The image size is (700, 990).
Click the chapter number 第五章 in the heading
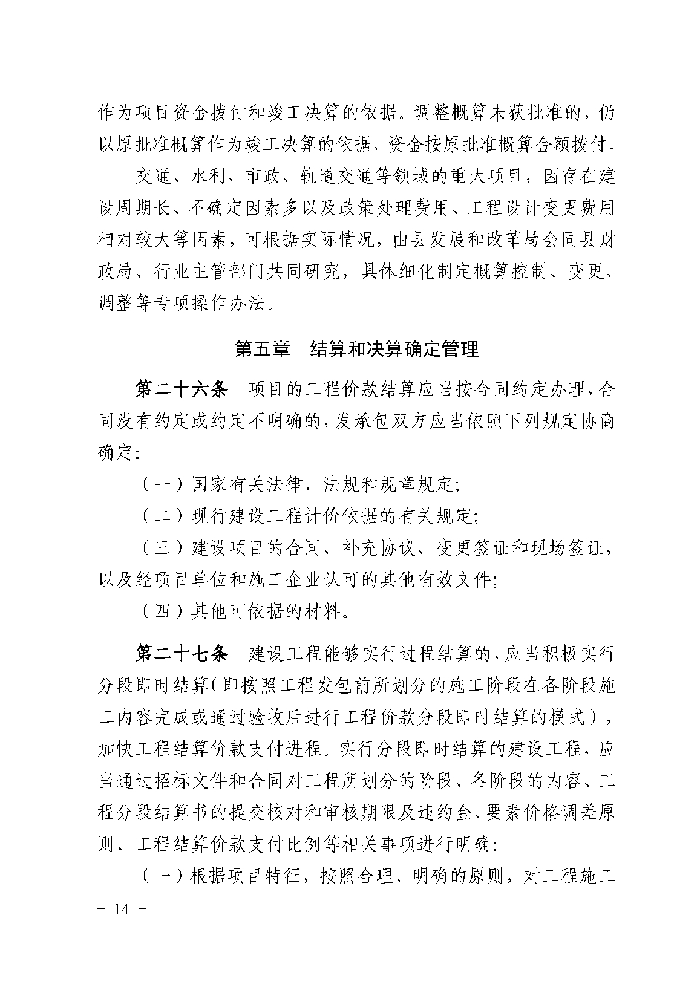[263, 350]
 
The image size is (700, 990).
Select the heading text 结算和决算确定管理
[394, 350]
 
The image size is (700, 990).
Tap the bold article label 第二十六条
[181, 389]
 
